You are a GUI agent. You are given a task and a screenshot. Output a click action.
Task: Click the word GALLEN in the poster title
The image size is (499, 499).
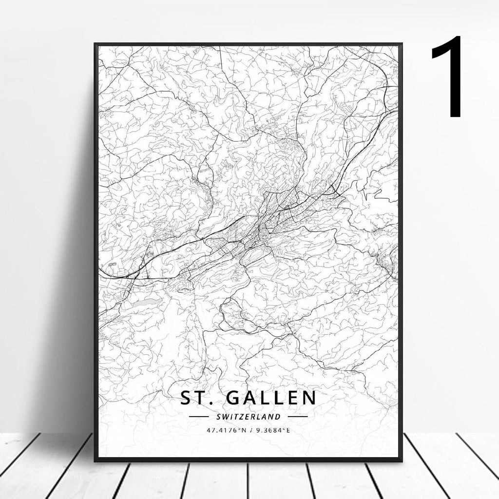click(270, 398)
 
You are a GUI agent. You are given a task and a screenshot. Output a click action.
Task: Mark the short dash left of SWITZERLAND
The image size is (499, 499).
click(198, 417)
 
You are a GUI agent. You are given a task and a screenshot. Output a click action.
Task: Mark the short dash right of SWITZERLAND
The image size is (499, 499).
click(298, 417)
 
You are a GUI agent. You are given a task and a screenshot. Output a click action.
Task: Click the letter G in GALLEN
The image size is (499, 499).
click(234, 398)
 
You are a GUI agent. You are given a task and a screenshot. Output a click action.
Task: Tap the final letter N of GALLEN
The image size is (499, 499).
click(309, 398)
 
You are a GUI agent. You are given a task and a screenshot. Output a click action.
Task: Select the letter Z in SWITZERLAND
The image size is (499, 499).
click(239, 417)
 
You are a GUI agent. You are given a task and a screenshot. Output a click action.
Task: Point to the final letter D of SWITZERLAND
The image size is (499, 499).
click(278, 417)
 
